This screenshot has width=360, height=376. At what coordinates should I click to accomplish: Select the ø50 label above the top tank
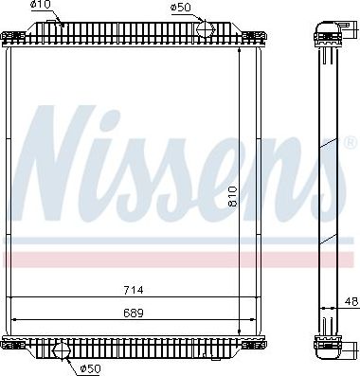click(180, 7)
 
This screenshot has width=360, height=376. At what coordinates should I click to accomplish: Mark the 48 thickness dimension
click(350, 303)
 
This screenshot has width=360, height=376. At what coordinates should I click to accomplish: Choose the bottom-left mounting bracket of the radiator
click(13, 343)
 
